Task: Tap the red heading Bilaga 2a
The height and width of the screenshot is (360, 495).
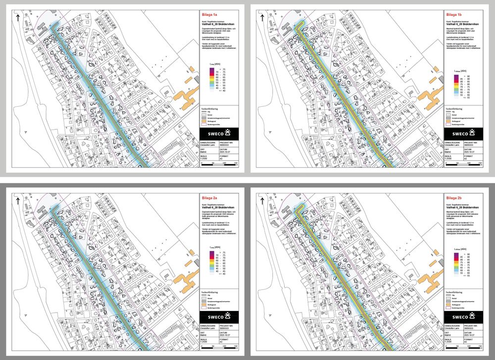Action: pos(209,198)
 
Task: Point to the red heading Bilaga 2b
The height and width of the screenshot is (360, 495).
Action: pos(454,198)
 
